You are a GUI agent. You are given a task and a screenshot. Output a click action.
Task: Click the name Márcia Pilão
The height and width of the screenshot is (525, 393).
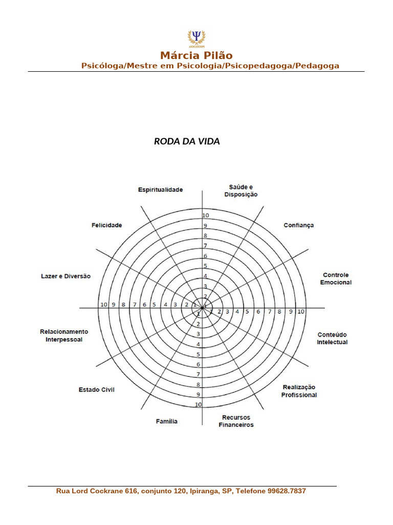pyautogui.click(x=196, y=55)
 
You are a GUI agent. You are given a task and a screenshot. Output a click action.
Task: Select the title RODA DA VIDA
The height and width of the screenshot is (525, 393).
pyautogui.click(x=187, y=142)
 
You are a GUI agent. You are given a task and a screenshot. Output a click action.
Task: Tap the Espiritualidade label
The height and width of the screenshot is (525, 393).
pyautogui.click(x=160, y=190)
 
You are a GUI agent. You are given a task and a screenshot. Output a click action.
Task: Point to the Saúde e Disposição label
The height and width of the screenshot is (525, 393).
pyautogui.click(x=241, y=191)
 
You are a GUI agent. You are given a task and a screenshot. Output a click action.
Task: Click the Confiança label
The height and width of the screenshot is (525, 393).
pyautogui.click(x=299, y=225)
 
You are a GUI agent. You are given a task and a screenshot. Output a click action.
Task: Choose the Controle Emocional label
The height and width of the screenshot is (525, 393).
pyautogui.click(x=336, y=279)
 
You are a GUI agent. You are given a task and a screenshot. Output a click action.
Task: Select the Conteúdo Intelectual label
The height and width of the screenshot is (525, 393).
pyautogui.click(x=332, y=338)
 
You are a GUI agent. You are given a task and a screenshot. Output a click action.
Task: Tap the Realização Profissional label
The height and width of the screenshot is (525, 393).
pyautogui.click(x=299, y=391)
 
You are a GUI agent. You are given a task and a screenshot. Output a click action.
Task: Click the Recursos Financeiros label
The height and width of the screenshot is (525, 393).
pyautogui.click(x=236, y=421)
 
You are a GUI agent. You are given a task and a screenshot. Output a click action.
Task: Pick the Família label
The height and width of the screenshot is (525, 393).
pyautogui.click(x=167, y=421)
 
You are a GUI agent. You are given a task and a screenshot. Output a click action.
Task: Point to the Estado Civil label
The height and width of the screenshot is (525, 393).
pyautogui.click(x=96, y=390)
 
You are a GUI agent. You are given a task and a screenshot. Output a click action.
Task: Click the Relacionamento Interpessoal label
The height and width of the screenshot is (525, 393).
pyautogui.click(x=64, y=335)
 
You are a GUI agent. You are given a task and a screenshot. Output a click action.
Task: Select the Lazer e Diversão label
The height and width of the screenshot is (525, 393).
pyautogui.click(x=65, y=276)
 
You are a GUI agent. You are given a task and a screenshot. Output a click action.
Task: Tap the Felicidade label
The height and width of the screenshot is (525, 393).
pyautogui.click(x=106, y=225)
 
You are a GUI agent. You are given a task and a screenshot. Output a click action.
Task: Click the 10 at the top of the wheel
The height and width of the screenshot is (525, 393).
pyautogui.click(x=206, y=215)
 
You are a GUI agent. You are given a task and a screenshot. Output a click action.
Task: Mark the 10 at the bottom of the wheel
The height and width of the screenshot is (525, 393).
pyautogui.click(x=199, y=405)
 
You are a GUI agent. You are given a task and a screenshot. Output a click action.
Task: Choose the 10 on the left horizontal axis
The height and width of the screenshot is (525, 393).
pyautogui.click(x=104, y=305)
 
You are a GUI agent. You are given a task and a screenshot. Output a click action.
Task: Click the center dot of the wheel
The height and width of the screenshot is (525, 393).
pyautogui.click(x=203, y=308)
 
